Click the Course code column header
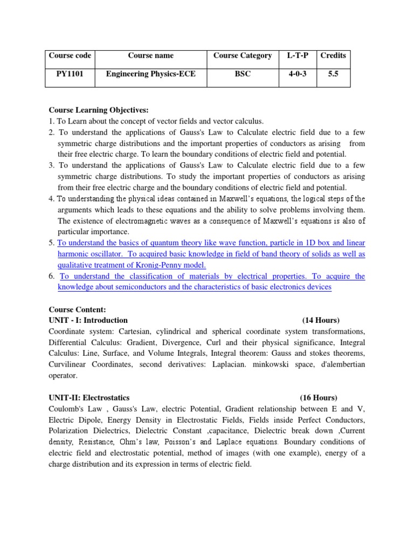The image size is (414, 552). tap(70, 56)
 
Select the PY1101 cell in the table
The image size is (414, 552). tap(70, 74)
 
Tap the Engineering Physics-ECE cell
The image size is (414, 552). tap(151, 74)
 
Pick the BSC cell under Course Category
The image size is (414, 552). tap(243, 74)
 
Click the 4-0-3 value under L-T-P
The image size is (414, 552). tap(296, 74)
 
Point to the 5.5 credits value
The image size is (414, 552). tap(333, 74)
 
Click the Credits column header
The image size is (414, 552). tap(333, 56)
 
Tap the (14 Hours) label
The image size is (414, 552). tap(321, 320)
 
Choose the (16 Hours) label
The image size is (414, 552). tap(319, 398)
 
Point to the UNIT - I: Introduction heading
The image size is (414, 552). tap(88, 320)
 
